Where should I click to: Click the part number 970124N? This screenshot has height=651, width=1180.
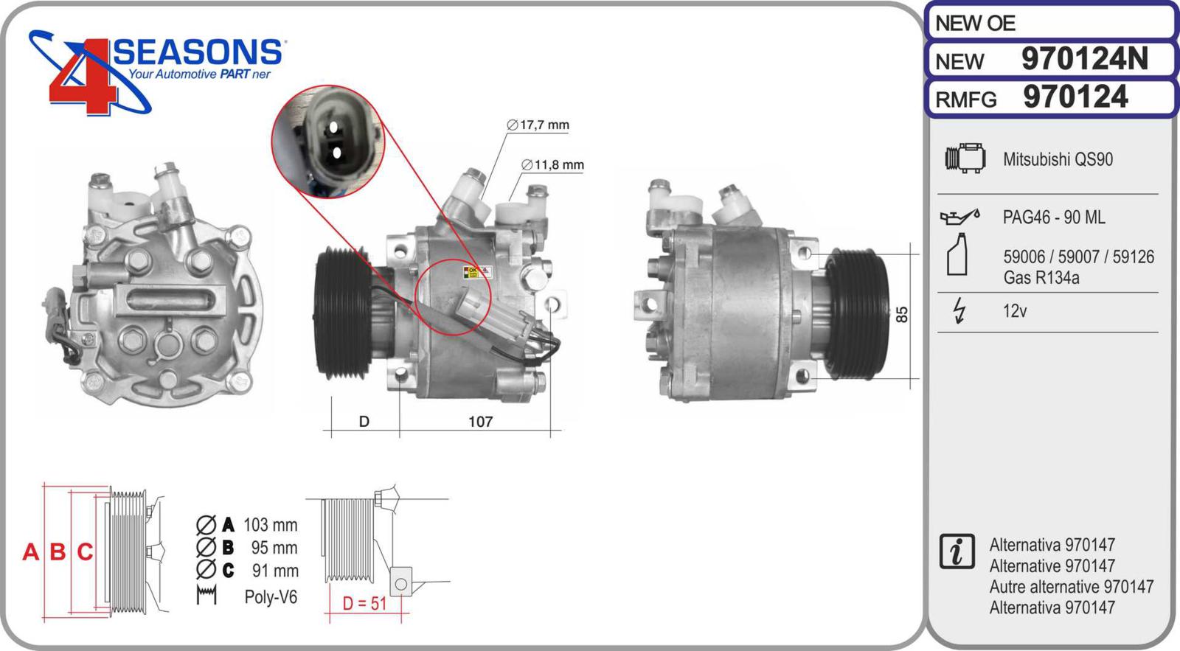[x=1085, y=59]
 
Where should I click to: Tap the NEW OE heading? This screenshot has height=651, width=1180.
[x=975, y=23]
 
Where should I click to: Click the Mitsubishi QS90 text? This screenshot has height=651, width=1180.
[x=1058, y=159]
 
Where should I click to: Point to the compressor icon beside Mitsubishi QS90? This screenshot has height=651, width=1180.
[x=965, y=158]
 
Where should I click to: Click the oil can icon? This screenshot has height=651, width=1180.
[x=960, y=217]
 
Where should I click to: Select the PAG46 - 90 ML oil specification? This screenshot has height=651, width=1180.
[x=1054, y=217]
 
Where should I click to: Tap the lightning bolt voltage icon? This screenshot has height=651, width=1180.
[x=959, y=310]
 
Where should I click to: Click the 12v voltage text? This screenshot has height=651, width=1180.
[x=1015, y=310]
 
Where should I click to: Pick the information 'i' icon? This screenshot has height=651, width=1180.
[x=957, y=551]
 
